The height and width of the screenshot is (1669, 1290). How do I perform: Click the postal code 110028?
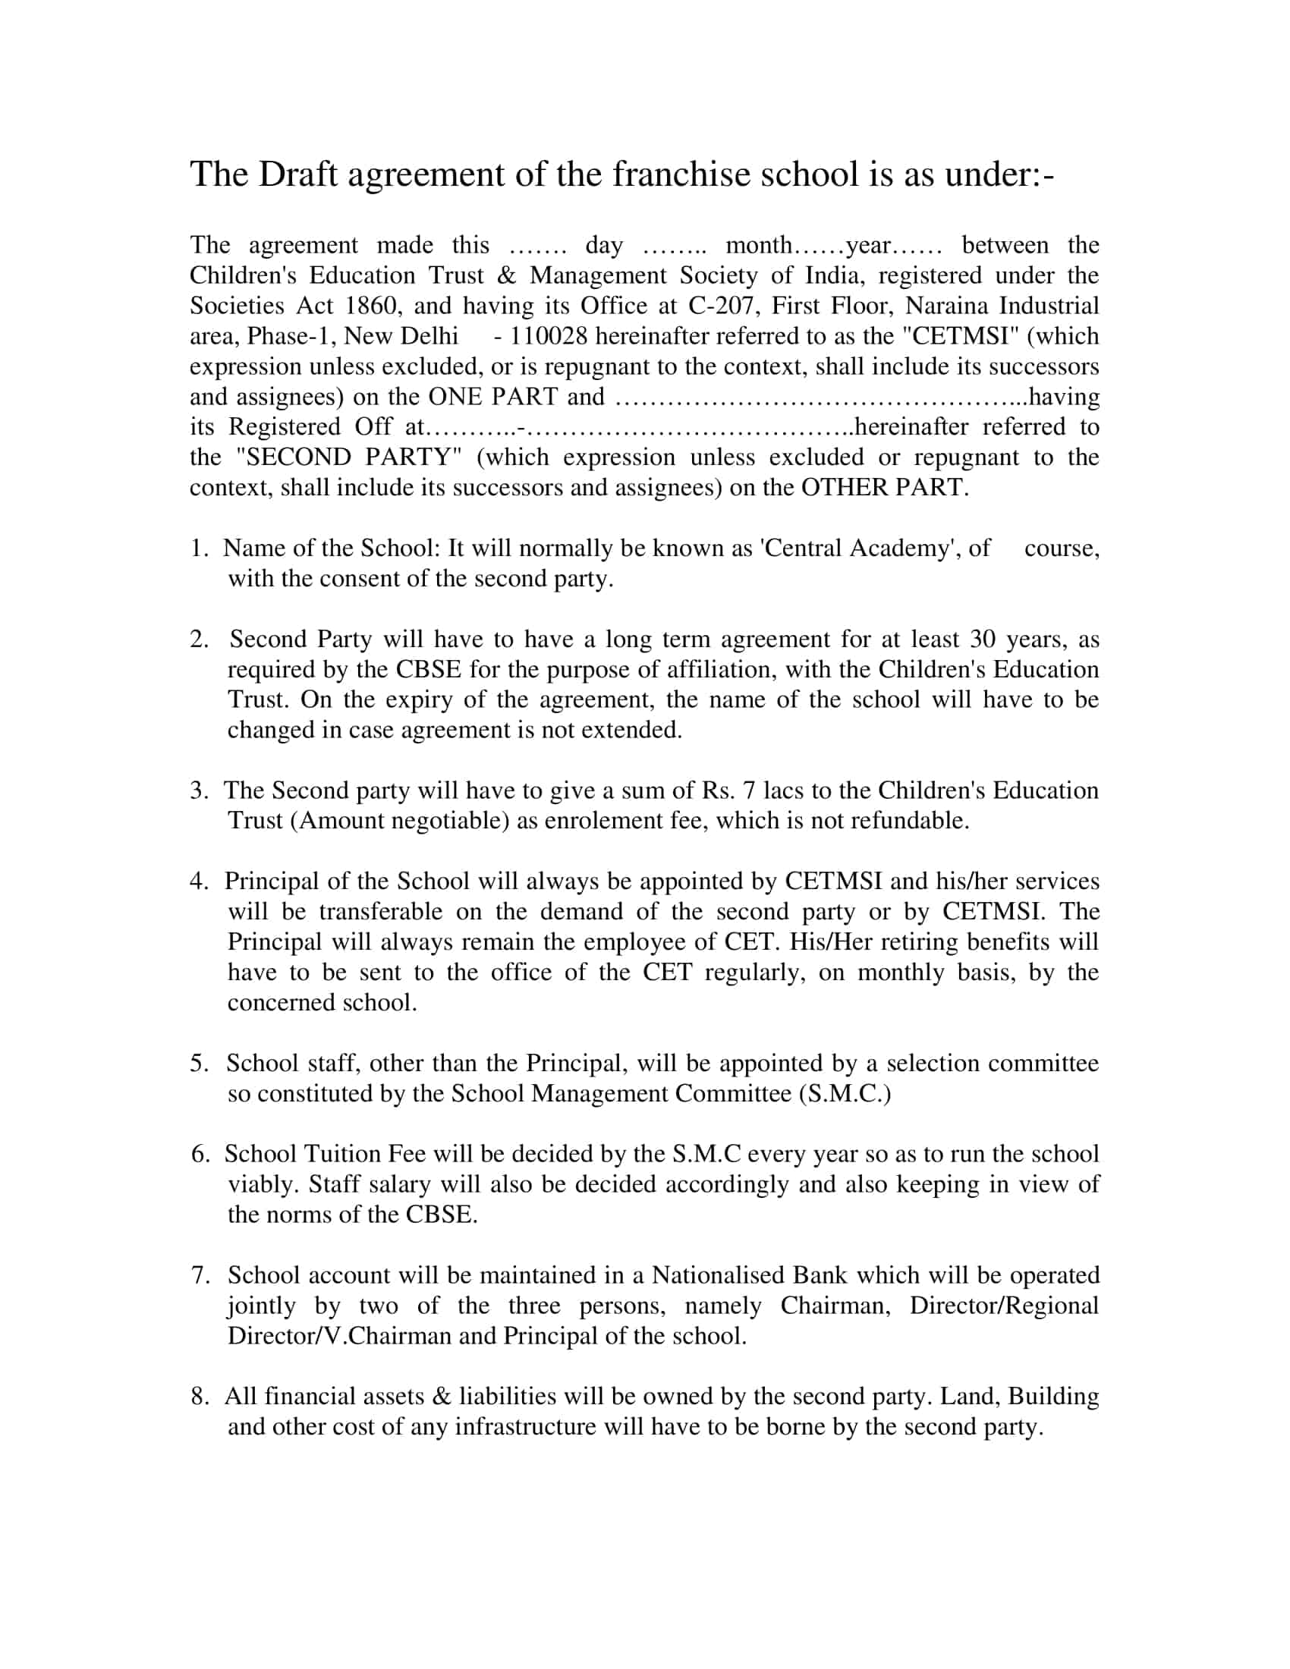point(549,335)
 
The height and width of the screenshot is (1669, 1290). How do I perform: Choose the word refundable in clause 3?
point(909,821)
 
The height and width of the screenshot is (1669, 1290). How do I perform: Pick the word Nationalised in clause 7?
point(717,1275)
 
